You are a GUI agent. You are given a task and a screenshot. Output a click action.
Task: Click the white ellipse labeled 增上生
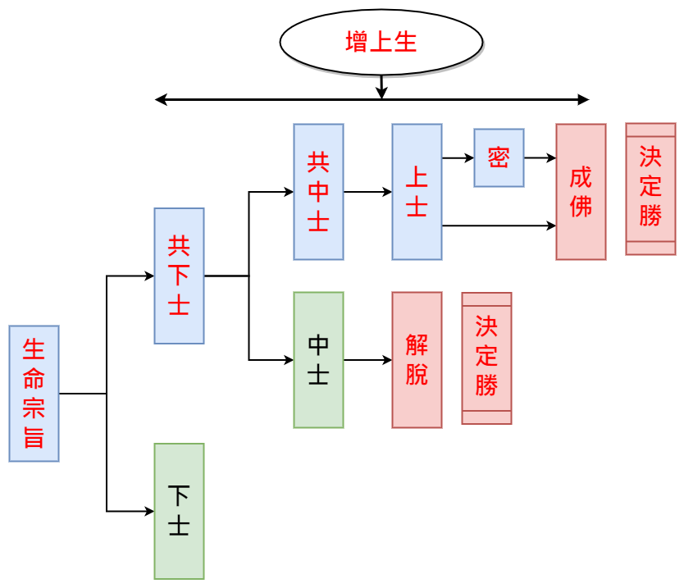coord(381,42)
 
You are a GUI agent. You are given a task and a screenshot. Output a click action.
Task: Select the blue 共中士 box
coord(318,192)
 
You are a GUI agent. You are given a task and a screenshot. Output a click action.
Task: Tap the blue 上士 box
coord(417,192)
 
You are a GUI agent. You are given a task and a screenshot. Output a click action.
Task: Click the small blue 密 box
coord(499,157)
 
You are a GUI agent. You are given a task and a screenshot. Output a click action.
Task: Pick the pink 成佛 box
coord(581,192)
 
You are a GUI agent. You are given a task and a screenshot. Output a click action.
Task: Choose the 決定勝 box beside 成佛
coord(650,189)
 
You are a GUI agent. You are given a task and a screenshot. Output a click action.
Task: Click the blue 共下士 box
coord(179,276)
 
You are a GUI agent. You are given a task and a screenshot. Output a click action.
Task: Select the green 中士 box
coord(318,360)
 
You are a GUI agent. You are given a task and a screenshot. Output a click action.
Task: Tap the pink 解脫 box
coord(417,360)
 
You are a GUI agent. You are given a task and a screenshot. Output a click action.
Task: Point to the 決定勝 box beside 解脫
coord(486,358)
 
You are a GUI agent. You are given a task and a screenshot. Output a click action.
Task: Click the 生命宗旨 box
coord(34,394)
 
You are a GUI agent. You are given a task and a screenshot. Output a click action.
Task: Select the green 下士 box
coord(179,511)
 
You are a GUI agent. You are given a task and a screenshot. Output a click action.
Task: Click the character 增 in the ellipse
coord(357,42)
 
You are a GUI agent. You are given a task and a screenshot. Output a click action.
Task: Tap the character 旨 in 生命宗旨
coord(34,437)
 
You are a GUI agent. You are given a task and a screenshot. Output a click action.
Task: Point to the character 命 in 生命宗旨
coord(34,379)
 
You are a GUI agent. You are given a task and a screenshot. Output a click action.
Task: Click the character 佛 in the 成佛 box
coord(581,207)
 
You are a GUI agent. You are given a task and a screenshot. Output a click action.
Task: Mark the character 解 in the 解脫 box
coord(417,345)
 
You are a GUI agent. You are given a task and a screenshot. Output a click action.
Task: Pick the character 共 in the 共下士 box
coord(179,246)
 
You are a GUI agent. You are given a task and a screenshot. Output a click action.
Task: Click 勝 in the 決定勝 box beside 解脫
coord(486,385)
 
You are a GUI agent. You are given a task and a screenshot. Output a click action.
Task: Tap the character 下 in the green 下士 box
coord(179,496)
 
